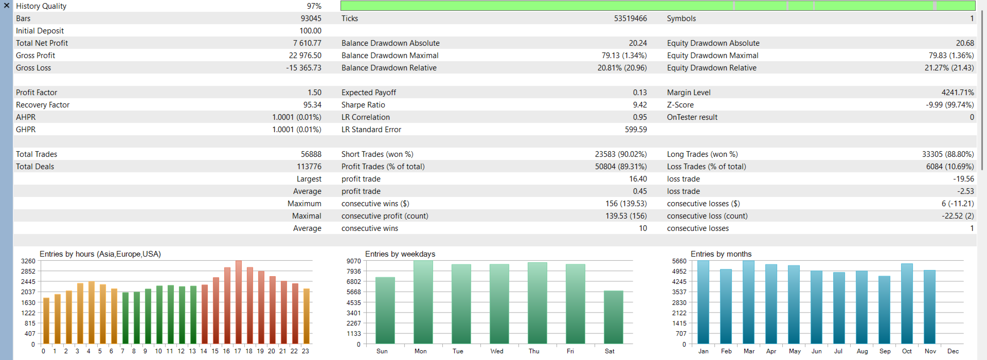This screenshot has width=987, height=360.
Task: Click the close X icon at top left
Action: (x=7, y=6)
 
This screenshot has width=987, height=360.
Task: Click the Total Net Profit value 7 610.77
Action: (x=307, y=43)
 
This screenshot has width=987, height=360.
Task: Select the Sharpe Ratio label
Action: (x=363, y=105)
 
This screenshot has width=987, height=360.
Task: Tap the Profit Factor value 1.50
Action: (x=314, y=93)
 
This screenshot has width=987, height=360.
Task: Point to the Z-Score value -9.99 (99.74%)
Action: (x=949, y=105)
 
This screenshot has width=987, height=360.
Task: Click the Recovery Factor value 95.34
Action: (x=312, y=105)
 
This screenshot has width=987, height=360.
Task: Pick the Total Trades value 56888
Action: (x=311, y=154)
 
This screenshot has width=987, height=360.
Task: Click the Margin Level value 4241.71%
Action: (x=958, y=93)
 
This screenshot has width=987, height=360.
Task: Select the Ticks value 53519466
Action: (x=630, y=19)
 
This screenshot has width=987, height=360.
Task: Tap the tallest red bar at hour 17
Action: (x=238, y=302)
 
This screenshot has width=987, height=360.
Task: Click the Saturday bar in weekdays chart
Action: (x=613, y=317)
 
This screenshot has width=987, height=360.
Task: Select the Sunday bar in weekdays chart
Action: (x=385, y=311)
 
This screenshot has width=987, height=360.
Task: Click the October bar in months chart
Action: (x=907, y=303)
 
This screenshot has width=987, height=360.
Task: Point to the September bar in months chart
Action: (x=884, y=310)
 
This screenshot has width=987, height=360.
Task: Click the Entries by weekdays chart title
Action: (x=400, y=254)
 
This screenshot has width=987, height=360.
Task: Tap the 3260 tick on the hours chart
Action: (x=28, y=261)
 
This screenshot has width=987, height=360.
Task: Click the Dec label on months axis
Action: (x=953, y=351)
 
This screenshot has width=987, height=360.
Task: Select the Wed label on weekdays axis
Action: (x=497, y=351)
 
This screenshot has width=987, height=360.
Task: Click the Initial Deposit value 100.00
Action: (x=310, y=31)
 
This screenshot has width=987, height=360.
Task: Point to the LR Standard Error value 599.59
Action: (x=636, y=130)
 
